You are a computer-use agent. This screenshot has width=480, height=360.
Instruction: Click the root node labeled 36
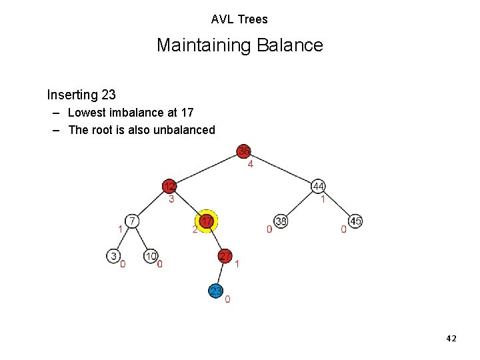pos(244,151)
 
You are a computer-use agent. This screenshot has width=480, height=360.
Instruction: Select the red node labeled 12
pos(171,186)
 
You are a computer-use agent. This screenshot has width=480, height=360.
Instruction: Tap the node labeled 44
pos(319,186)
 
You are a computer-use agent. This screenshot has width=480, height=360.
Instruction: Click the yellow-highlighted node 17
pos(207,221)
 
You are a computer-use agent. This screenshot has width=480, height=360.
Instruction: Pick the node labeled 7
pos(133,221)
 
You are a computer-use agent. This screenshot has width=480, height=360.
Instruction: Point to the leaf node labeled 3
pos(114,256)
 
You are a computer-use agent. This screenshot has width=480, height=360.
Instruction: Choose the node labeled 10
pos(151,256)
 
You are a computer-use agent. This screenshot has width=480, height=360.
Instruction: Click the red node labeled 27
pos(225,256)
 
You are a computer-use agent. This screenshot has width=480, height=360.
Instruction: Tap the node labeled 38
pos(281,221)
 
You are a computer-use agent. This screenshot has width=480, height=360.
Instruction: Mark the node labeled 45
pos(356,221)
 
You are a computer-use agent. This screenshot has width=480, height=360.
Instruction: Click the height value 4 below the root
pos(251,164)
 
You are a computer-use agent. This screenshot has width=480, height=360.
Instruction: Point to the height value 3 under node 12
pos(171,199)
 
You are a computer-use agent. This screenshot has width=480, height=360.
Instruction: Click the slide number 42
pos(451,339)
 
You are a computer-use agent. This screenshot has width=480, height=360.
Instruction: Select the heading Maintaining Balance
pos(239,45)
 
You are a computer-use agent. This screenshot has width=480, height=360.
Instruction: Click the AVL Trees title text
pos(239,19)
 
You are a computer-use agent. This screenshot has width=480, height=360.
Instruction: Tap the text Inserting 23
pos(81,95)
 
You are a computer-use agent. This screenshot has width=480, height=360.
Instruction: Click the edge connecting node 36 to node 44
pos(281,169)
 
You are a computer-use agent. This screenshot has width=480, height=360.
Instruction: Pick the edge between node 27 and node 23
pos(221,273)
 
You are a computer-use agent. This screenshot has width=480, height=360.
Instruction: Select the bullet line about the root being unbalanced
pos(141,130)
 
